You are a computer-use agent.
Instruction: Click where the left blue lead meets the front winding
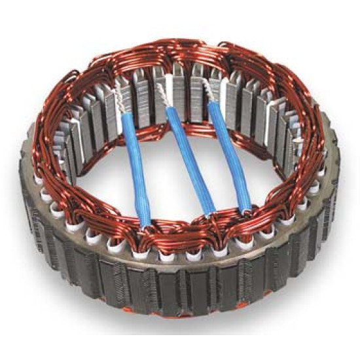143,219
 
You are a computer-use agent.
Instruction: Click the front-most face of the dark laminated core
190,288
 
